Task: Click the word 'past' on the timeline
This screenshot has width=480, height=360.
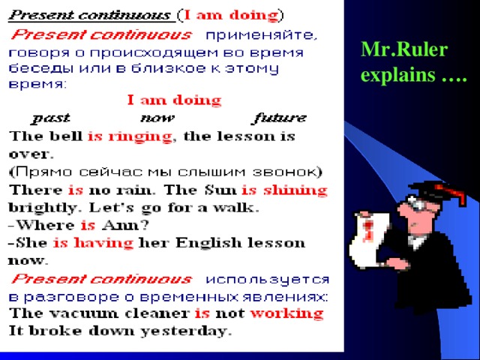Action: (x=52, y=118)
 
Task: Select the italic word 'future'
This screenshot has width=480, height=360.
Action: (x=279, y=118)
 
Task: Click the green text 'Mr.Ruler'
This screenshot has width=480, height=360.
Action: (x=403, y=50)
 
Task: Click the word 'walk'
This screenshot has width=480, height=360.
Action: (x=238, y=207)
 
